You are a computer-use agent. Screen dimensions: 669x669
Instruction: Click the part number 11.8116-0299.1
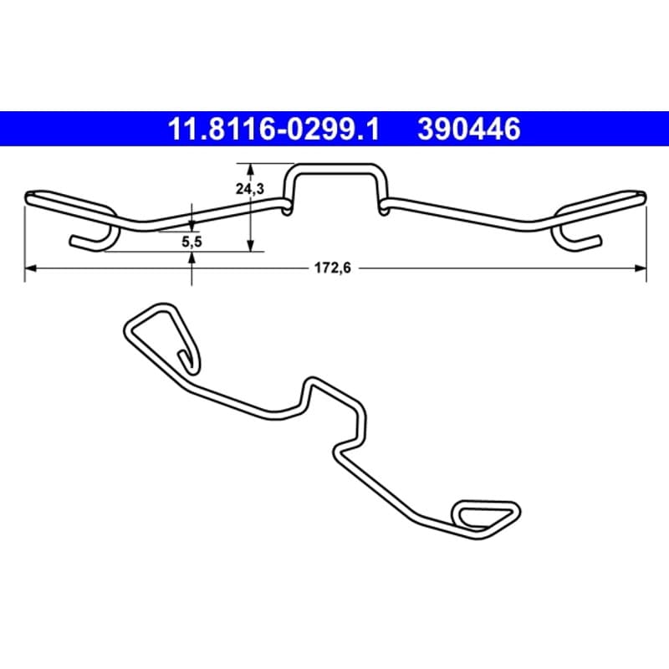(x=273, y=129)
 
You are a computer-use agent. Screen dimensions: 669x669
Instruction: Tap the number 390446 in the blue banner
(x=469, y=129)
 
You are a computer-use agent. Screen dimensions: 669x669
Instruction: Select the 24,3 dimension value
(x=250, y=188)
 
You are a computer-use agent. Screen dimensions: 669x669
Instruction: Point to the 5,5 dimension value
(x=192, y=243)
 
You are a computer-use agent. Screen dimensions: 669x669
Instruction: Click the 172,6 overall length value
(x=333, y=268)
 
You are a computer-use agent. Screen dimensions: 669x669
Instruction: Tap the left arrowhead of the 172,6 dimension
(x=31, y=268)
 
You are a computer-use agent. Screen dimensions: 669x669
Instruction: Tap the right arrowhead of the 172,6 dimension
(x=641, y=268)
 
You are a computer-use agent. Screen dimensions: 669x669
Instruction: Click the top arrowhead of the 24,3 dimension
(x=251, y=169)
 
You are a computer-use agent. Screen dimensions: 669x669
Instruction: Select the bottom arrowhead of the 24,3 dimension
(x=251, y=245)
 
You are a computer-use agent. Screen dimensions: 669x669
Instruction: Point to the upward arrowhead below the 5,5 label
(x=192, y=258)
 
